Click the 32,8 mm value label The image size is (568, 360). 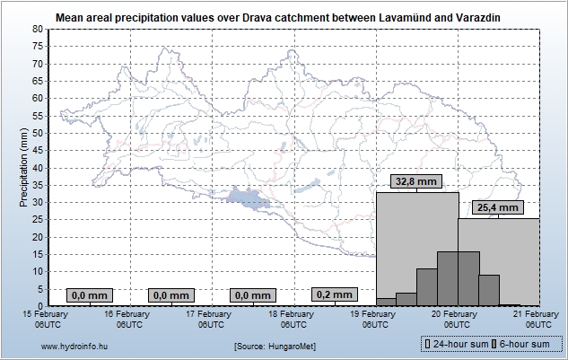tap(416, 181)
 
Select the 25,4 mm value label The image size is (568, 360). tap(498, 207)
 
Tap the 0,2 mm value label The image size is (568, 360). tap(335, 294)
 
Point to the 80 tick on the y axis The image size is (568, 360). tap(38, 30)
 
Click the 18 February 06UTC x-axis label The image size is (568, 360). tap(293, 319)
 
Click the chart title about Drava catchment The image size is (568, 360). tap(278, 17)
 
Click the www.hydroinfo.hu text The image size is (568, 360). tap(75, 346)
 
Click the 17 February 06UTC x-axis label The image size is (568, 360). tap(211, 319)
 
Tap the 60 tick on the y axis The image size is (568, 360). tap(38, 99)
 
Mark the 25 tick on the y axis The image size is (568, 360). tap(38, 220)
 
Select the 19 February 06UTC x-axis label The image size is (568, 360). tap(375, 319)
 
